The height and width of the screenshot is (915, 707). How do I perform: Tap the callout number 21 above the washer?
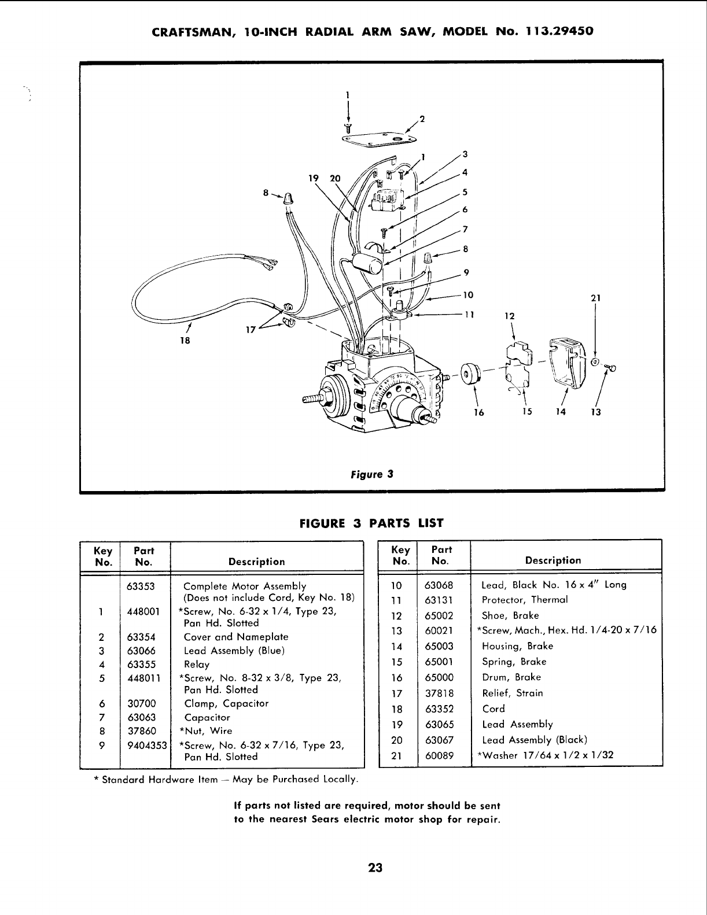tap(596, 298)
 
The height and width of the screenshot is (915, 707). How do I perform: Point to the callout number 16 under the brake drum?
tap(478, 412)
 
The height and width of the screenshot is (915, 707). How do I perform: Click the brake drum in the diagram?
tap(470, 374)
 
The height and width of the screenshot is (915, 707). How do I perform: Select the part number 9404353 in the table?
tap(147, 744)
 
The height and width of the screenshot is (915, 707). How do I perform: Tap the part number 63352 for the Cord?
tap(439, 709)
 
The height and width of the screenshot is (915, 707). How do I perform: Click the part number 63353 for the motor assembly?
tap(141, 586)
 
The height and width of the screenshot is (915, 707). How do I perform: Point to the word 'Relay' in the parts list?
tap(196, 665)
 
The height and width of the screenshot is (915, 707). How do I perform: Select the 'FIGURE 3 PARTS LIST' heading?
tap(371, 523)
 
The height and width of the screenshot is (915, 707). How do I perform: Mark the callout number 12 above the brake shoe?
tap(509, 316)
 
